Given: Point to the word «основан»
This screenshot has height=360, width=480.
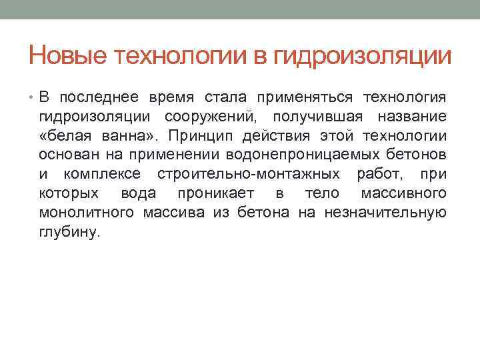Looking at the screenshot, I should pyautogui.click(x=64, y=156).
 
